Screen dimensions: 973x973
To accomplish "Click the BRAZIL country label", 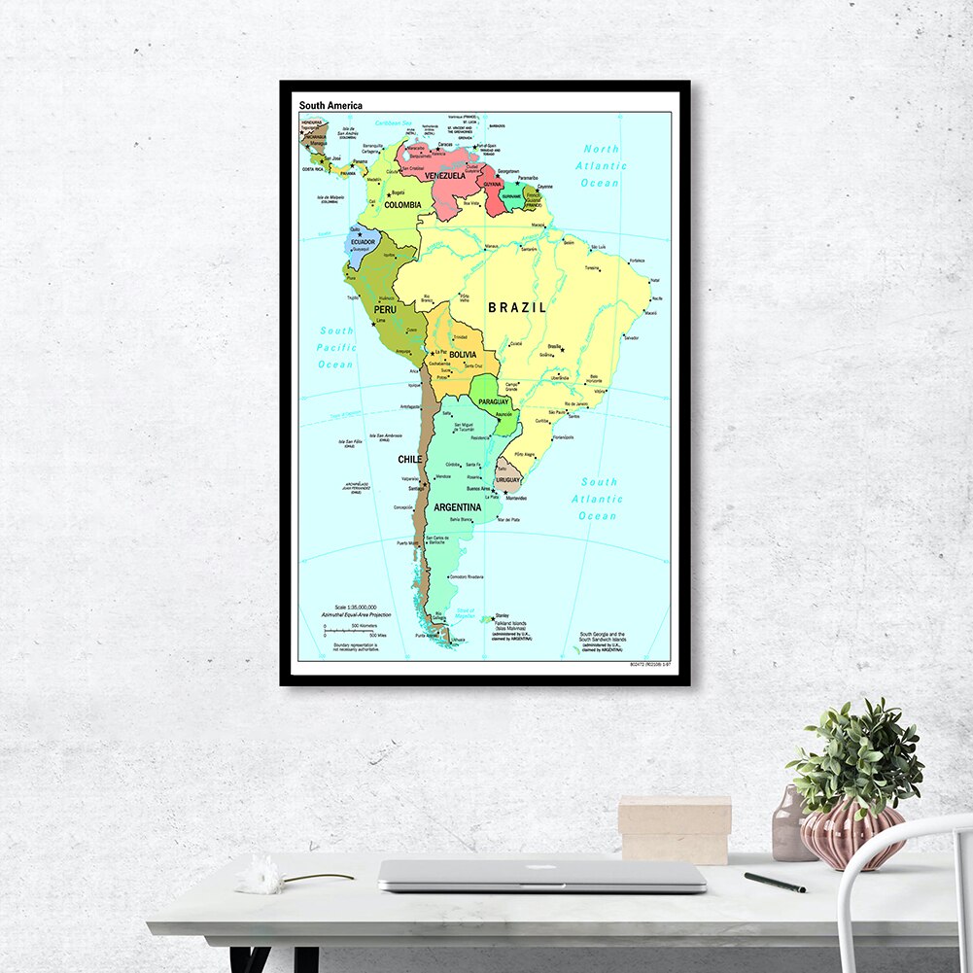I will pyautogui.click(x=517, y=307).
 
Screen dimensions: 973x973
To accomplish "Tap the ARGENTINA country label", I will pyautogui.click(x=458, y=507).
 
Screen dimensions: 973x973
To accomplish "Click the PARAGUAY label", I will pyautogui.click(x=494, y=401).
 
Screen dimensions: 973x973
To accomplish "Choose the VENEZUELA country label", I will pyautogui.click(x=444, y=176).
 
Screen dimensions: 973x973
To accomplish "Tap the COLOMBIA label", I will pyautogui.click(x=402, y=205).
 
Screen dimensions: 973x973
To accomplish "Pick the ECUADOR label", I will pyautogui.click(x=364, y=242).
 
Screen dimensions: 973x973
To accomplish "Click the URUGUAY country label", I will pyautogui.click(x=508, y=480).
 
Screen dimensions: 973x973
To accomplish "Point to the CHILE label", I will pyautogui.click(x=409, y=459).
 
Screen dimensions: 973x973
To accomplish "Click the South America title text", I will pyautogui.click(x=330, y=105).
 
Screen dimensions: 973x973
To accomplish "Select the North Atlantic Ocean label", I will pyautogui.click(x=600, y=166).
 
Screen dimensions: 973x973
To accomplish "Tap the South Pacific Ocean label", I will pyautogui.click(x=336, y=347).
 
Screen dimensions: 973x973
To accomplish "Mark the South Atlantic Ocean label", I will pyautogui.click(x=598, y=499).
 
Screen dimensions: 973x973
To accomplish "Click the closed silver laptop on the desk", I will pyautogui.click(x=541, y=876).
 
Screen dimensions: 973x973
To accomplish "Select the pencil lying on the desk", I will pyautogui.click(x=775, y=882).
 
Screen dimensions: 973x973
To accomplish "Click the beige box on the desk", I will pyautogui.click(x=675, y=829).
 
